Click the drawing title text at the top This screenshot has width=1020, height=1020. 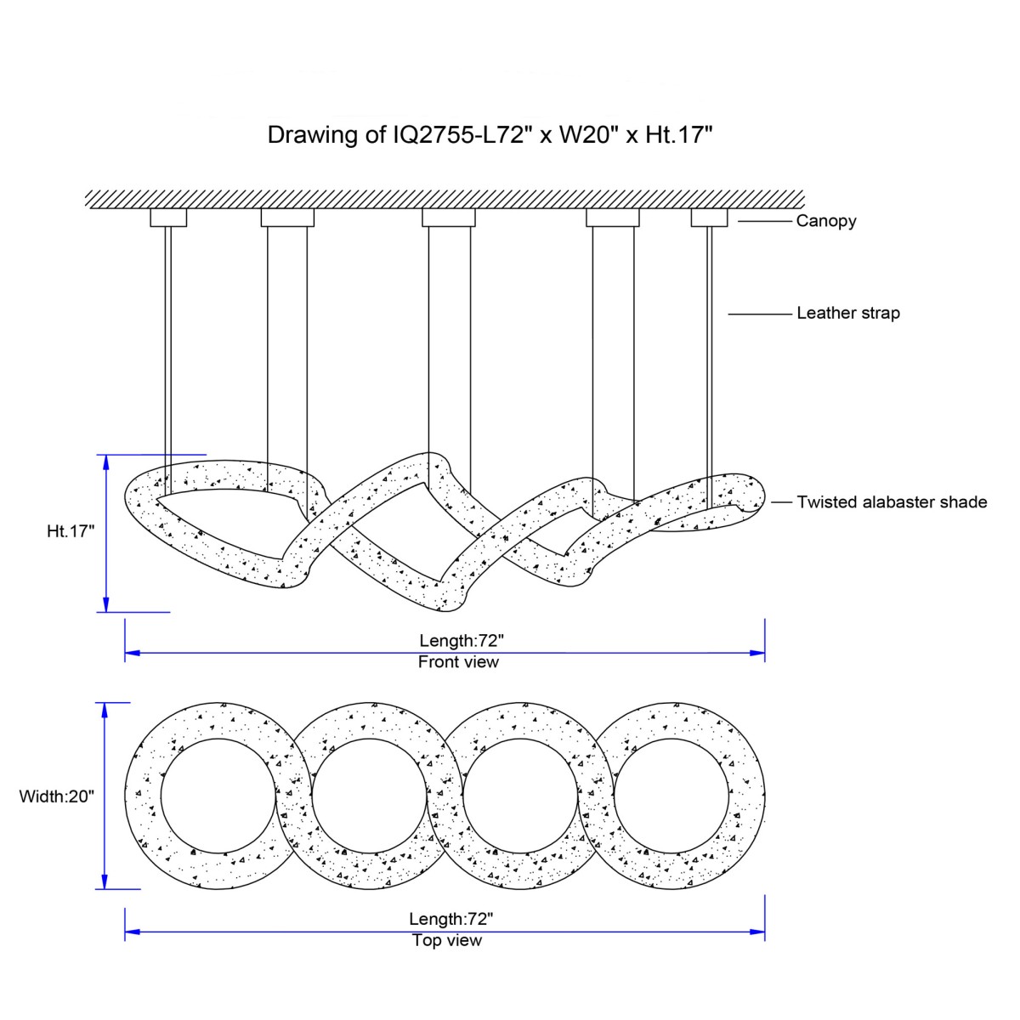coord(489,134)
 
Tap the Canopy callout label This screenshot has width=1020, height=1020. coord(825,221)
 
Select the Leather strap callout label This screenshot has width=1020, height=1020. coord(847,313)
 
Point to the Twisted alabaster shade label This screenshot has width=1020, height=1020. coord(892,501)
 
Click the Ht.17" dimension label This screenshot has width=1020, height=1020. coord(71,531)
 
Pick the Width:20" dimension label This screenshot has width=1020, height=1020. coord(57,796)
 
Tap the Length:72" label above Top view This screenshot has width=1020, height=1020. coord(451,919)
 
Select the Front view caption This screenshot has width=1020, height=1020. coord(458,662)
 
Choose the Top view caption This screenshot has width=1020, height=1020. coord(447,940)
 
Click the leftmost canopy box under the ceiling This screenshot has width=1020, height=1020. coord(168,218)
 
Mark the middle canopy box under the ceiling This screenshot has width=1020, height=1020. coord(449,218)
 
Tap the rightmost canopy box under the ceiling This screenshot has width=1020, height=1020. coord(709,218)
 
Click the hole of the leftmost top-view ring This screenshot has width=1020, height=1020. coord(218,796)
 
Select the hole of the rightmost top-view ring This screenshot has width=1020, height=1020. coord(671,796)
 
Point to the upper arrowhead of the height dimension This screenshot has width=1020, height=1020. coord(105,461)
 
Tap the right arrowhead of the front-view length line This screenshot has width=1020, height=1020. coord(758,653)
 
